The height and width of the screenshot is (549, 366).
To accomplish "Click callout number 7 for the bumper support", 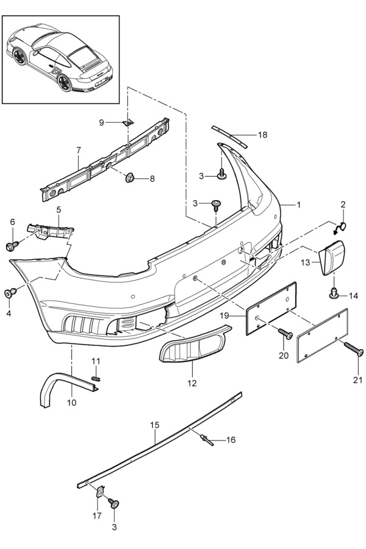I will (x=79, y=149).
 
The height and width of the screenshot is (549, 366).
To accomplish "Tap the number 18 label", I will (x=262, y=135).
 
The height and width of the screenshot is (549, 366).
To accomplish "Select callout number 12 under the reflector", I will (x=192, y=383).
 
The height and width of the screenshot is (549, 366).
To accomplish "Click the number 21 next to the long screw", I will (x=357, y=381).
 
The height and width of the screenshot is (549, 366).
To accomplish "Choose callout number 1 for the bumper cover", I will (x=299, y=205).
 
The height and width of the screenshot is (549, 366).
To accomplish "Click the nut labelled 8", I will (x=130, y=178).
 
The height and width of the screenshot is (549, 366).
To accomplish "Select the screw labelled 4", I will (x=10, y=293).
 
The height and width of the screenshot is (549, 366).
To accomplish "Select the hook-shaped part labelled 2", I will (x=340, y=228).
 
